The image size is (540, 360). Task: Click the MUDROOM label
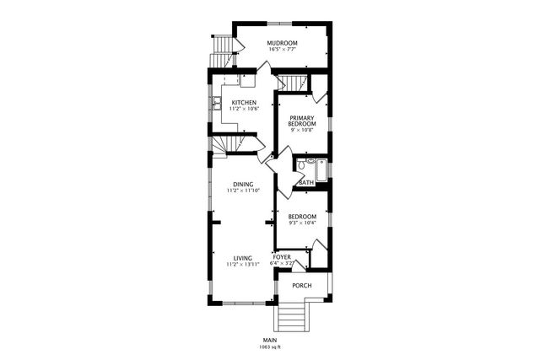282,43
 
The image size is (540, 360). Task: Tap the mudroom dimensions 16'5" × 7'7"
282,50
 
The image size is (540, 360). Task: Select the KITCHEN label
244,103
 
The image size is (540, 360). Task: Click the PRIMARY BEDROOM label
301,121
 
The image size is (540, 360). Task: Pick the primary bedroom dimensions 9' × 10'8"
301,131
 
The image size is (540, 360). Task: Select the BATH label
305,182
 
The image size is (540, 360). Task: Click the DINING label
244,185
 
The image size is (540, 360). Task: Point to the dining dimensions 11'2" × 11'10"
244,191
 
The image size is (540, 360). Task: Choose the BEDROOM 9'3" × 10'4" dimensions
302,223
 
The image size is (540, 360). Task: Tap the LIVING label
243,258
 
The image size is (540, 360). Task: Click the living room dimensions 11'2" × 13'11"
243,265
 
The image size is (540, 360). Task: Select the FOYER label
282,256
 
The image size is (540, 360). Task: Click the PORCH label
301,286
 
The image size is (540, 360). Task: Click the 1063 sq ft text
270,347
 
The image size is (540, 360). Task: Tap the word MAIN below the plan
270,340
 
